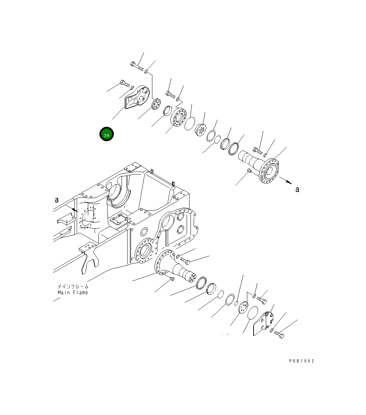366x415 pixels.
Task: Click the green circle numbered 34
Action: [106, 134]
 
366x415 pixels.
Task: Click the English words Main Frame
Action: [73, 292]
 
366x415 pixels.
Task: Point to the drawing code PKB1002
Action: [302, 361]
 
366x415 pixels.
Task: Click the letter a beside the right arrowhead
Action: [297, 189]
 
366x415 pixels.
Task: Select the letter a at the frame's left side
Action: [56, 200]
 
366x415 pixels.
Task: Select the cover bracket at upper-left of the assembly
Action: [137, 97]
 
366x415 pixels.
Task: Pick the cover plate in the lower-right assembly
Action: [264, 323]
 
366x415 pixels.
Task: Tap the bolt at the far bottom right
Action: [279, 335]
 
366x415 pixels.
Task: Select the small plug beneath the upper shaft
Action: [249, 170]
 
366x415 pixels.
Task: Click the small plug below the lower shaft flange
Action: [172, 278]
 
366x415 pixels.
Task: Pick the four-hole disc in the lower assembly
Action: [243, 308]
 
